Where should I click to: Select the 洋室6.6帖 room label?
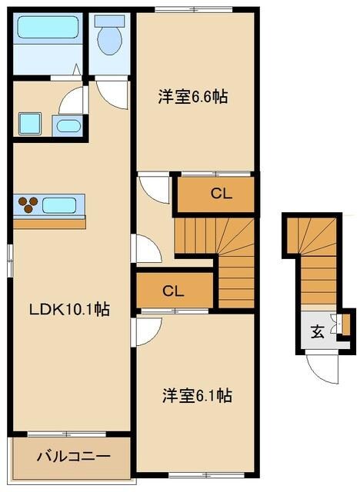[x=195, y=98]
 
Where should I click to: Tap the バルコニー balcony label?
[x=73, y=456]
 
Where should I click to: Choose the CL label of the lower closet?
[x=173, y=291]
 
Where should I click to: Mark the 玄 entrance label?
[x=317, y=331]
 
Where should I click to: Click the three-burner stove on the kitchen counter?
[x=29, y=204]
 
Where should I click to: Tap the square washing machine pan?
[x=31, y=124]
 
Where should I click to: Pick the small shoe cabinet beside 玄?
[x=345, y=323]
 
